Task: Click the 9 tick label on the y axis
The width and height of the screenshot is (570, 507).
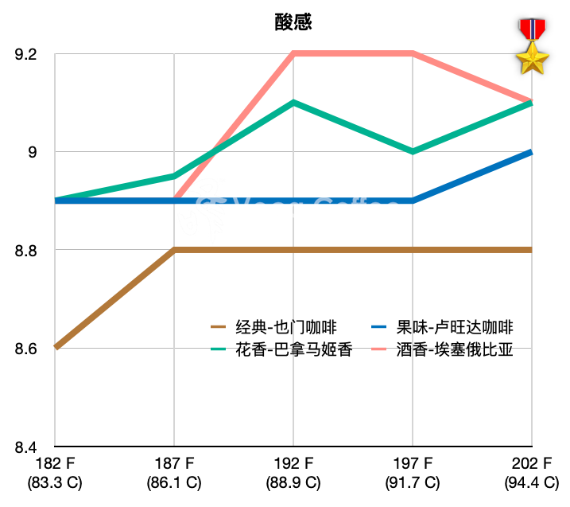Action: pos(32,152)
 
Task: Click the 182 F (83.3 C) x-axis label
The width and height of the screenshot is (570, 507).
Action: pos(54,474)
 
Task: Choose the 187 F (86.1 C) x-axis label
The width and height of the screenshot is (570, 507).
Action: pos(173,474)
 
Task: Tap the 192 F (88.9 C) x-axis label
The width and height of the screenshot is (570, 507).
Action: pos(293,474)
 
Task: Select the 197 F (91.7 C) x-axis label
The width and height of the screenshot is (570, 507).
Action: pos(413,474)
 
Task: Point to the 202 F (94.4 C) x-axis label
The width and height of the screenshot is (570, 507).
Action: pos(531,474)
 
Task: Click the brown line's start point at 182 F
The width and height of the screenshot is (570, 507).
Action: pos(55,348)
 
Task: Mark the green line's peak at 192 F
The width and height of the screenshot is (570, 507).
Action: pos(293,103)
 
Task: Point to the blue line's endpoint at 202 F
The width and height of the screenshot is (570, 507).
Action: pos(531,152)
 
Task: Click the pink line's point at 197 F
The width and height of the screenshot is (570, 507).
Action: pos(413,54)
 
